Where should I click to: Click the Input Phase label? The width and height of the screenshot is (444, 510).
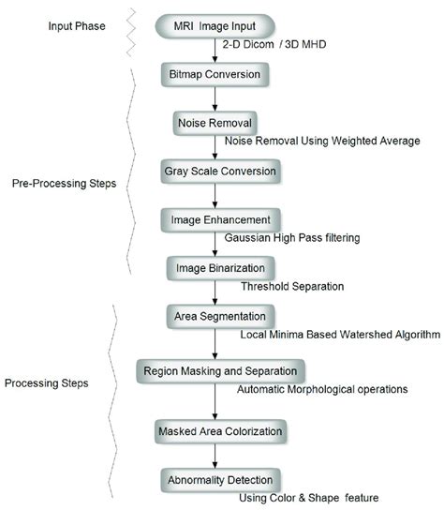(x=79, y=22)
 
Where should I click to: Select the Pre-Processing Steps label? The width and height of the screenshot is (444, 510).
(x=65, y=184)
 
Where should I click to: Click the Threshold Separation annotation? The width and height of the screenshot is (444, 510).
(x=292, y=286)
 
